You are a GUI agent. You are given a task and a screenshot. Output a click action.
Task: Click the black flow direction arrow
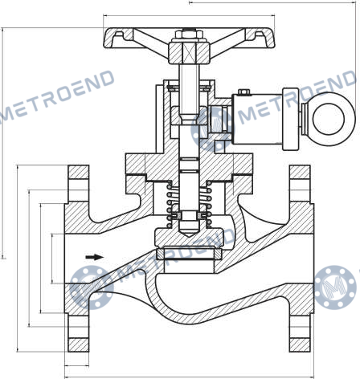94,257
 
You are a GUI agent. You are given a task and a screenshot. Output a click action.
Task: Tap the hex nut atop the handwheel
189,35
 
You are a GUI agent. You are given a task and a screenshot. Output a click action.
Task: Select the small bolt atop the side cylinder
243,92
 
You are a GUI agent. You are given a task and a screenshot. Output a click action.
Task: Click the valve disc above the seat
189,238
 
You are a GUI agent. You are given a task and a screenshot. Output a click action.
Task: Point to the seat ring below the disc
189,254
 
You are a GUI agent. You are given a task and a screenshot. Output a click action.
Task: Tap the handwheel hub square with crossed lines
189,52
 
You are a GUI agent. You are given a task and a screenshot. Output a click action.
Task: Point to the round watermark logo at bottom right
336,287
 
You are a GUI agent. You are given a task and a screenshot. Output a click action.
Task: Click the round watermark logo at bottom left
92,287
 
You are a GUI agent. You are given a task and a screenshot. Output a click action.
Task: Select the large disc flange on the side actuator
291,119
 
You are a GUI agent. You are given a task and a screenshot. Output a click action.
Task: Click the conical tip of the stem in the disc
189,230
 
